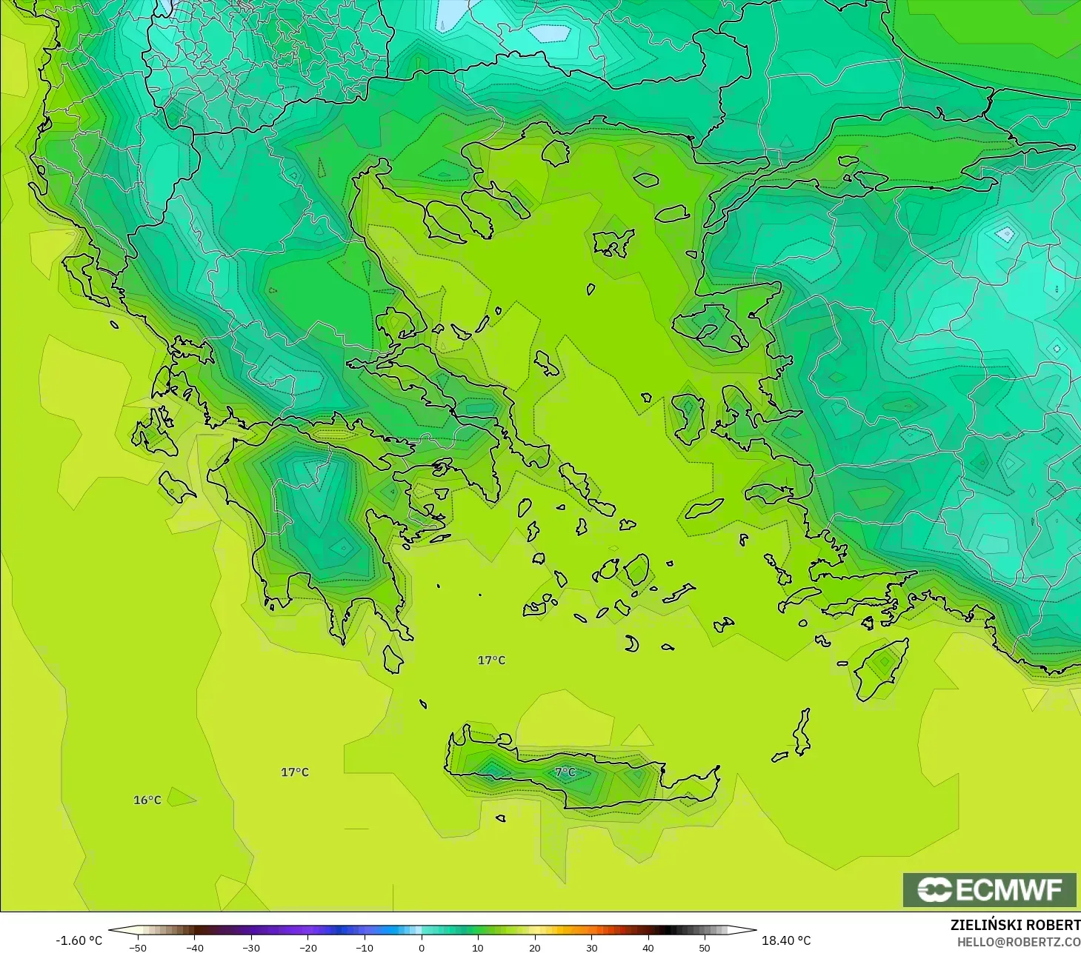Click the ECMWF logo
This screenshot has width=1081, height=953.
click(x=989, y=889)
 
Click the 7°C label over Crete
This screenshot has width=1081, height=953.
click(x=565, y=772)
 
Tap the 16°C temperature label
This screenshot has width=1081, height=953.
click(x=147, y=800)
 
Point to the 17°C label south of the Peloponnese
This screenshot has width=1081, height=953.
click(x=491, y=660)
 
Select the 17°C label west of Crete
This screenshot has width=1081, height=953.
click(x=294, y=772)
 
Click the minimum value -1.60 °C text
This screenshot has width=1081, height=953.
click(x=79, y=940)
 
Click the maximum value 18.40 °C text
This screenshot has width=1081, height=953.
click(x=786, y=940)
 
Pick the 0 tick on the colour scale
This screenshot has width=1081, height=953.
click(x=421, y=948)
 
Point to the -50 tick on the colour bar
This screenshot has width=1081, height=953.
click(x=138, y=948)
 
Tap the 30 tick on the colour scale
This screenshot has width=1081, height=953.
click(x=591, y=948)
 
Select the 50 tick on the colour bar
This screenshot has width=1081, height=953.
click(x=705, y=948)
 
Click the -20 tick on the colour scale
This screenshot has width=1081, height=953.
click(x=307, y=948)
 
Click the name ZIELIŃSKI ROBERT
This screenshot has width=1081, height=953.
click(x=1015, y=925)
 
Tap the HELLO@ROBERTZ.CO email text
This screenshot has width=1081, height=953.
click(x=1018, y=942)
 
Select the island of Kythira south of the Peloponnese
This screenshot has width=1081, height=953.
click(x=393, y=658)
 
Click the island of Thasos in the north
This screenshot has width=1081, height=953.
click(x=555, y=153)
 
